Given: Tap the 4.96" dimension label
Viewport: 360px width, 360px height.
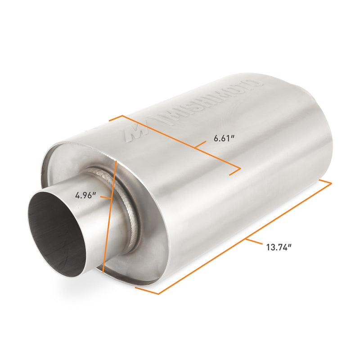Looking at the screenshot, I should (x=86, y=195).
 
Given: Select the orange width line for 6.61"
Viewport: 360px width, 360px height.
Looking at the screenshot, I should (x=180, y=142).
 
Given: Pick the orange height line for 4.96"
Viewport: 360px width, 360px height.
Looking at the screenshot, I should (x=110, y=216).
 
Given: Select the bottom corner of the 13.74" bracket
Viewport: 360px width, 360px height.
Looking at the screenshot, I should (x=158, y=294).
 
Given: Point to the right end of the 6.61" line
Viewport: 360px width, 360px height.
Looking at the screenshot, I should (x=240, y=169).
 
